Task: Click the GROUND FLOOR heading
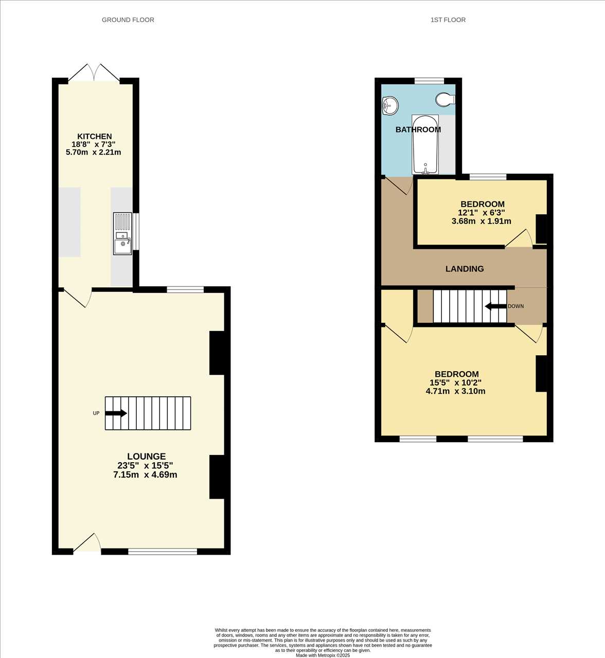[x=128, y=20]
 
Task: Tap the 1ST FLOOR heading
[x=448, y=20]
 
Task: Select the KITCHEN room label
[x=95, y=136]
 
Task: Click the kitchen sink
[x=122, y=233]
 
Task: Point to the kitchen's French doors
[x=94, y=72]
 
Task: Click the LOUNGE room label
[x=147, y=456]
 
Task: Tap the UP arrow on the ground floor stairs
[x=116, y=413]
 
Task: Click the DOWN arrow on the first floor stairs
[x=496, y=306]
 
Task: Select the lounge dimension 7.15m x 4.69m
[x=145, y=474]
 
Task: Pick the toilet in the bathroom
[x=445, y=99]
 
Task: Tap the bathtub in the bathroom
[x=425, y=144]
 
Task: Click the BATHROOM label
[x=418, y=130]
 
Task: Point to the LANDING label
[x=465, y=269]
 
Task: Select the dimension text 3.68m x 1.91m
[x=481, y=221]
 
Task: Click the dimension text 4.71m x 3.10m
[x=455, y=391]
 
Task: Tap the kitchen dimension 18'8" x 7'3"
[x=94, y=144]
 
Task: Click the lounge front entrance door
[x=87, y=543]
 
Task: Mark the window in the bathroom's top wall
[x=430, y=81]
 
